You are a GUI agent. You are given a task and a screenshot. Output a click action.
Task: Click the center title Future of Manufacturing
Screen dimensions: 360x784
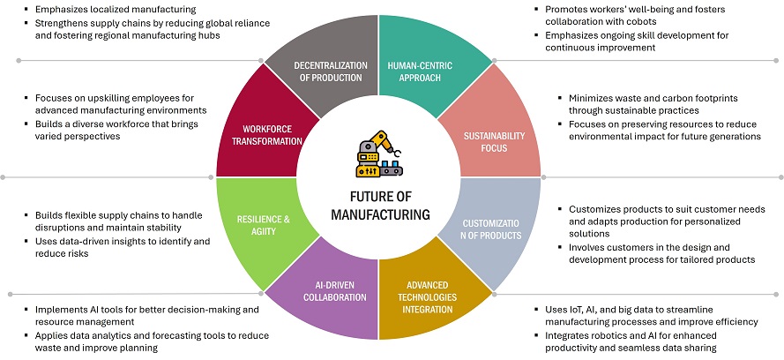[x=379, y=206]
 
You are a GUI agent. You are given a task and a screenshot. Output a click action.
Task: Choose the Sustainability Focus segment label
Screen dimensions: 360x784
[x=494, y=143]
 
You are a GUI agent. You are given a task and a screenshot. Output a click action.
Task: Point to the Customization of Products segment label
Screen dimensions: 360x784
[x=492, y=228]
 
